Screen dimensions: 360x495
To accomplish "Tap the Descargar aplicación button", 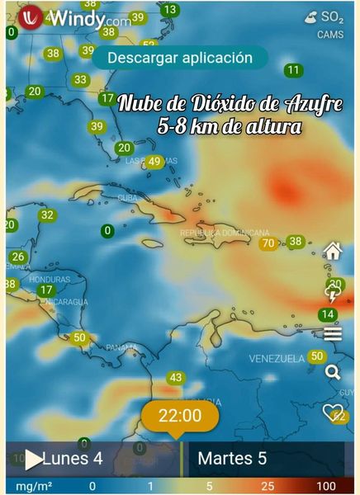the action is (x=179, y=58).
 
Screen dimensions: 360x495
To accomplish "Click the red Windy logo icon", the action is (x=31, y=17).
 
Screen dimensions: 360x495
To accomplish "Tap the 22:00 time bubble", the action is (x=180, y=416).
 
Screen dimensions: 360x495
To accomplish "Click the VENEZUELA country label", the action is (x=277, y=359).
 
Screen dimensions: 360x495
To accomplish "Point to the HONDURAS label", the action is (x=28, y=279).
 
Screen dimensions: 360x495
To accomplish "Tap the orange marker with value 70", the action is (x=268, y=243).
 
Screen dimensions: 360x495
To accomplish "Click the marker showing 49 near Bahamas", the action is (x=154, y=162).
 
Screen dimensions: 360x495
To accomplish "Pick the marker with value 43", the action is (x=175, y=378).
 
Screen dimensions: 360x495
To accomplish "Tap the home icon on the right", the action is (x=333, y=251).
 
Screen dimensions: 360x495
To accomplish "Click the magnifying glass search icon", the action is (x=333, y=372).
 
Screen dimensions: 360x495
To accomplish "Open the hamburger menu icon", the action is (x=333, y=333).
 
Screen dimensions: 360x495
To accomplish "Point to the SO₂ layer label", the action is (x=332, y=16).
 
